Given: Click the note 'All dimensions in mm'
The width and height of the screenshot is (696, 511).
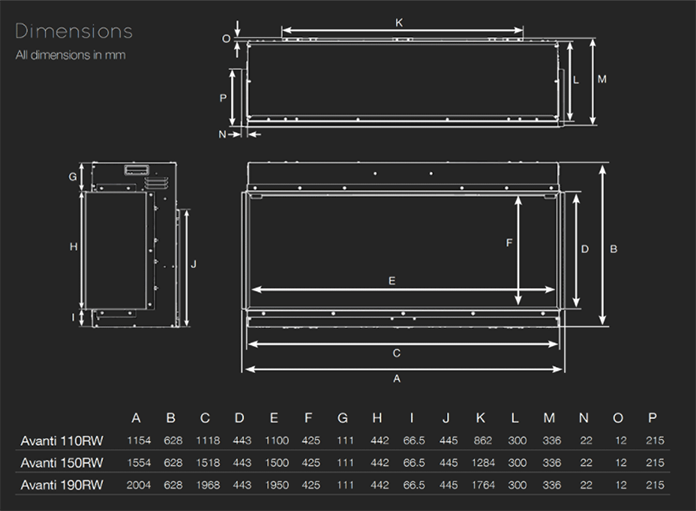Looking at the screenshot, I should click(x=70, y=55).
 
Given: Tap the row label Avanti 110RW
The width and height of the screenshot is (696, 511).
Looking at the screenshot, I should click(x=61, y=440).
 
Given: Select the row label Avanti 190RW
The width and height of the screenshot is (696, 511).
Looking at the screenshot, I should click(x=61, y=485).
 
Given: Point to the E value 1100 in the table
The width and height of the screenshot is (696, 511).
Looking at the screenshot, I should click(x=274, y=440).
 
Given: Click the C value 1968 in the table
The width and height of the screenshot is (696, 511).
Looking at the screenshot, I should click(x=205, y=485).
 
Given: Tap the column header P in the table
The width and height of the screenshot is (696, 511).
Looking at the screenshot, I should click(x=654, y=417).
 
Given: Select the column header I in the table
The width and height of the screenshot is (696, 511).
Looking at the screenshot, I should click(x=412, y=417).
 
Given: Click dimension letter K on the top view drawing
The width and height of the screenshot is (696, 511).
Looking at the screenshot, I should click(x=399, y=22).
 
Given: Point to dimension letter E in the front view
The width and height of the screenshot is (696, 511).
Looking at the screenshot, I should click(x=393, y=280).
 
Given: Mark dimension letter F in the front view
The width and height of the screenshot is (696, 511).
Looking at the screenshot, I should click(x=508, y=243).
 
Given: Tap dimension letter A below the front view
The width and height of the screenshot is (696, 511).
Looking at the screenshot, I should click(x=397, y=379).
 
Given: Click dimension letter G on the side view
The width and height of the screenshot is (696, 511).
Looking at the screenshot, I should click(x=73, y=177).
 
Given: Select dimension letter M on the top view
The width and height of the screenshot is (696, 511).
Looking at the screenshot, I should click(x=602, y=78).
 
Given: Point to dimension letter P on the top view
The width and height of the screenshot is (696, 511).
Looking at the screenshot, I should click(x=224, y=97).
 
